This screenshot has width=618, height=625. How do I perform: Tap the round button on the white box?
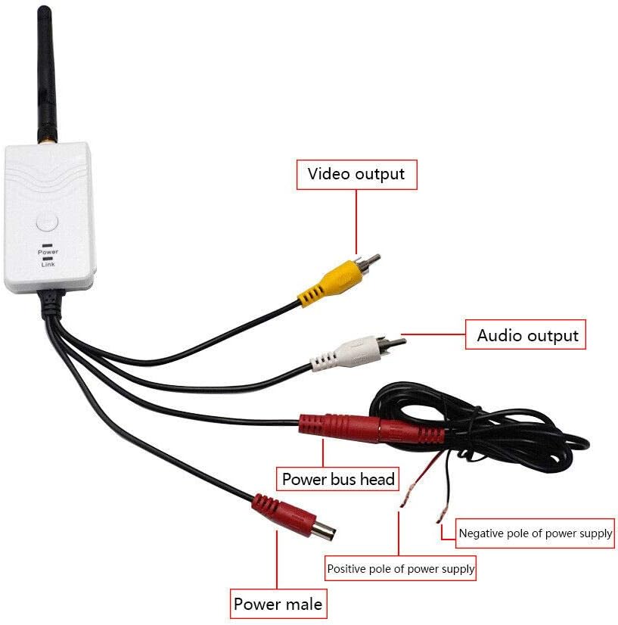47,222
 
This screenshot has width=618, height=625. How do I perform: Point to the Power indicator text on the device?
48,251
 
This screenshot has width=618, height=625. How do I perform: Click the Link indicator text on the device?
48,263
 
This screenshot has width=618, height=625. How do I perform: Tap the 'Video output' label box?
356,174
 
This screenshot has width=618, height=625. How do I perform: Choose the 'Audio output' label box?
527,335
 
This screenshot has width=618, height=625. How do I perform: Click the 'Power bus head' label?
338,479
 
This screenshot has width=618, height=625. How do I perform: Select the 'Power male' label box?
278,604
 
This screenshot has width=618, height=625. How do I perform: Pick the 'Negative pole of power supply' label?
535,533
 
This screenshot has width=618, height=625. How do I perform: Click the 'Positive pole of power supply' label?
400,568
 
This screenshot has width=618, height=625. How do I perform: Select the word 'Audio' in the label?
500,335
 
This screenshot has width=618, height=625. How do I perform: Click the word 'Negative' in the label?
480,533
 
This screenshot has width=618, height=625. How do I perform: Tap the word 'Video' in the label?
328,174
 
